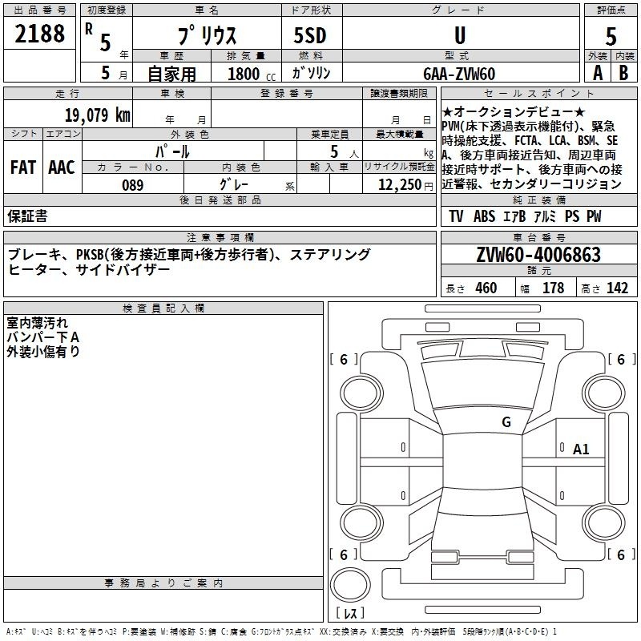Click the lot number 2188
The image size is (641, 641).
[39, 34]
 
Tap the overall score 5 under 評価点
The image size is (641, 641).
[611, 37]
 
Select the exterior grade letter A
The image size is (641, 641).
[598, 73]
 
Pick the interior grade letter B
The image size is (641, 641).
[623, 73]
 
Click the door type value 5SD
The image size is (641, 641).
[310, 35]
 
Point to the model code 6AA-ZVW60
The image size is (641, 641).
[459, 74]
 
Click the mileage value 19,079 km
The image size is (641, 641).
[98, 115]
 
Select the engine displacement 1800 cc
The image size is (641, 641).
[252, 74]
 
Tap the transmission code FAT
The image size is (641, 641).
[23, 167]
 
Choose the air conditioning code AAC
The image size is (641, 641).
[62, 167]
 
